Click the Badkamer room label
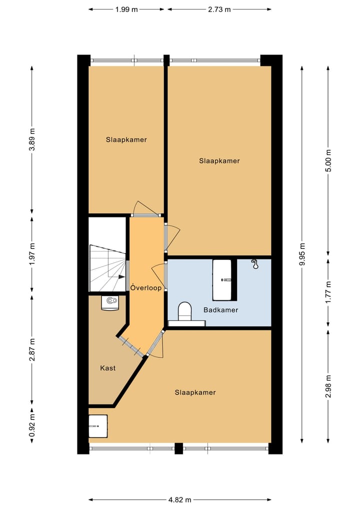pos(220,310)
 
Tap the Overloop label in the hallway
pos(146,287)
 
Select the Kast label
pos(108,368)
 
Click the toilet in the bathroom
pos(185,311)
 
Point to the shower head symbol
pos(256,264)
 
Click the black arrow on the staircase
pos(121,277)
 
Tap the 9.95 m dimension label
pos(302,254)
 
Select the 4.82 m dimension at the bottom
pos(180,499)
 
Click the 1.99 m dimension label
pos(126,9)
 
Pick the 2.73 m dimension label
pos(219,9)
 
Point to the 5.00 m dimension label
pos(328,160)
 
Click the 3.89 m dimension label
pos(32,139)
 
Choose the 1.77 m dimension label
pos(328,292)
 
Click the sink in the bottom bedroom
pos(98,426)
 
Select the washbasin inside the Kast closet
pos(109,303)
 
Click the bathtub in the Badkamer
pos(222,280)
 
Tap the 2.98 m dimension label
pos(328,386)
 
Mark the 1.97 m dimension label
pos(32,254)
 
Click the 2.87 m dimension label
pos(32,349)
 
